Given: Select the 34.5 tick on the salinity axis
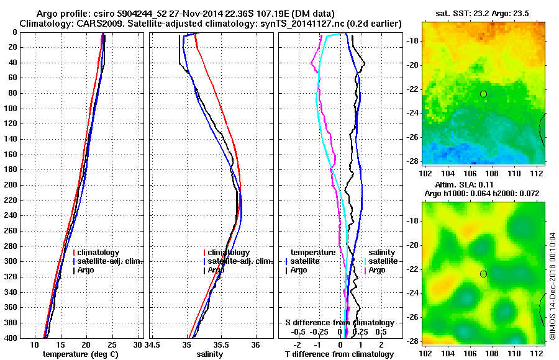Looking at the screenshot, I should click(153, 344).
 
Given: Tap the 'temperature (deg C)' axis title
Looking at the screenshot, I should click(80, 354).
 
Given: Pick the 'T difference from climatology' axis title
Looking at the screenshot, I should click(339, 354).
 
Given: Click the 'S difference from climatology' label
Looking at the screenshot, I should click(339, 323).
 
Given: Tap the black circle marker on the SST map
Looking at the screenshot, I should click(483, 94).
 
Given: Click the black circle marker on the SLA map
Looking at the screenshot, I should click(483, 274).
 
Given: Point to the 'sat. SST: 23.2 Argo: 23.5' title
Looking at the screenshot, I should click(483, 13).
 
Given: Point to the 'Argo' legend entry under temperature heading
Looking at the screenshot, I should click(298, 270).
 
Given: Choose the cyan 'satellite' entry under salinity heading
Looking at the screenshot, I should click(383, 261).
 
